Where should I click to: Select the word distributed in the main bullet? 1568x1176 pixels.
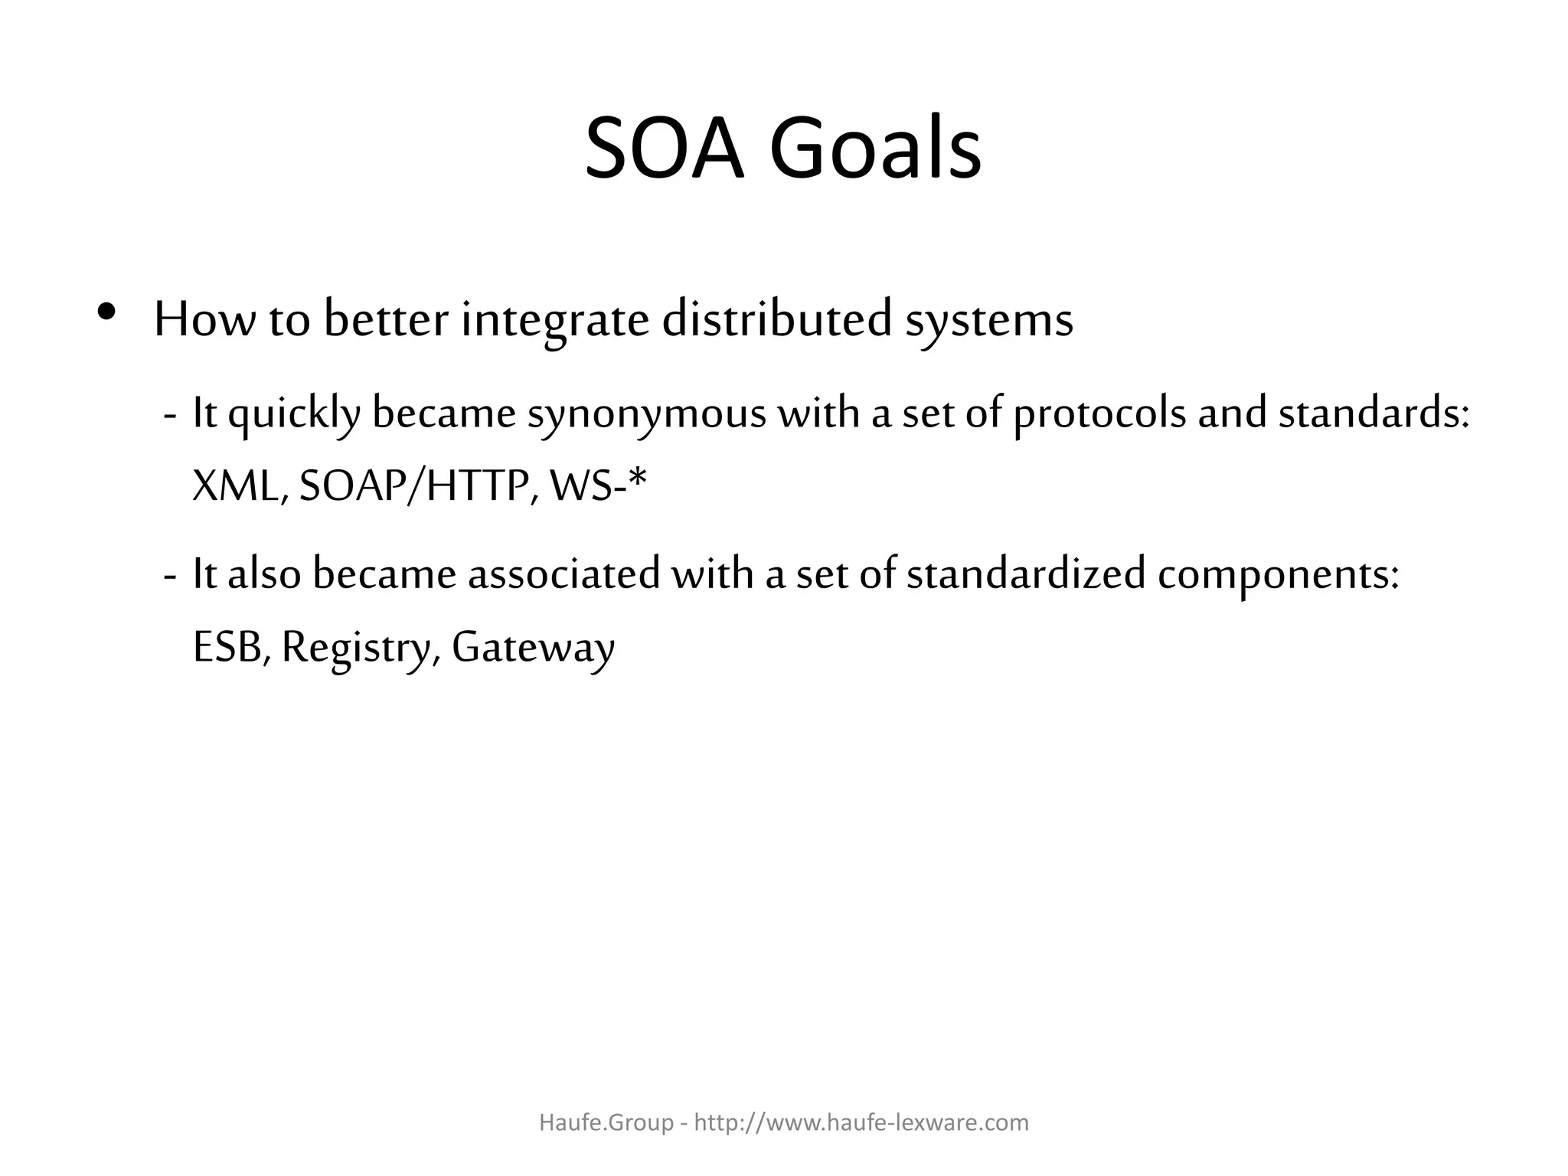click(x=777, y=319)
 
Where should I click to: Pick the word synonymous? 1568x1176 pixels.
click(x=646, y=416)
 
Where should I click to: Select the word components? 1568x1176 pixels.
click(x=1279, y=577)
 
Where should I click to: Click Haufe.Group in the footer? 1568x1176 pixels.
click(x=606, y=1122)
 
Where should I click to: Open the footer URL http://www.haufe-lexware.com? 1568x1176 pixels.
click(x=861, y=1122)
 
